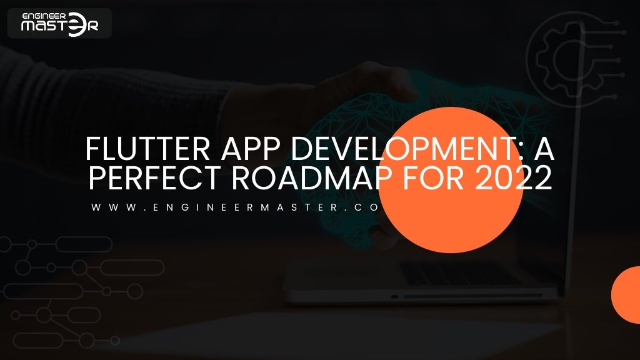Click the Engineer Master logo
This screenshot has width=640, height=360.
tap(59, 23)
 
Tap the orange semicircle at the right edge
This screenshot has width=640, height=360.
tap(627, 295)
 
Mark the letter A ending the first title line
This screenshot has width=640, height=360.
tap(545, 150)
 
